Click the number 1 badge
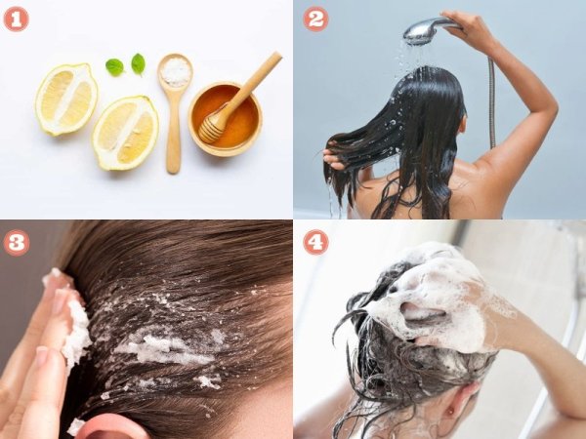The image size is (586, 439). pos(16,19)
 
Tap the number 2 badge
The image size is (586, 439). pos(315,19)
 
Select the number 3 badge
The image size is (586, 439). pos(16,243)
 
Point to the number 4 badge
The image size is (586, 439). pos(315,243)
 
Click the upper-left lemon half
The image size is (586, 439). pos(66,100)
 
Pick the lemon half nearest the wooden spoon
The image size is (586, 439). pos(126,133)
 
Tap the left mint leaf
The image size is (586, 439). pos(114,67)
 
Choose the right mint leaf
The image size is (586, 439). pos(139,63)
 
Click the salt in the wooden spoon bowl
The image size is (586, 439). pos(175,71)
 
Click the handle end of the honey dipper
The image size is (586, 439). pos(276,56)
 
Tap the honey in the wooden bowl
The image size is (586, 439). pos(226,114)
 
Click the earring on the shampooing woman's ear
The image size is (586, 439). pos(449,412)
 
